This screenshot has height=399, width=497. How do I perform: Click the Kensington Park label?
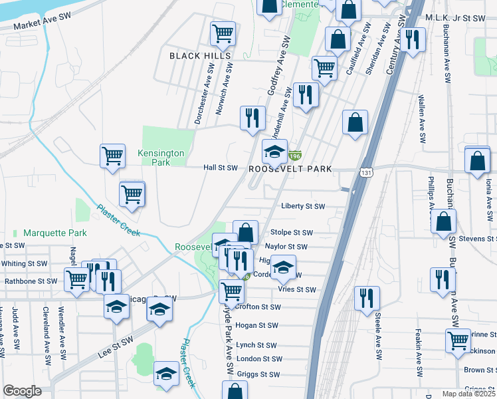(161, 158)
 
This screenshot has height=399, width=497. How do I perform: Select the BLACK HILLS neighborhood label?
(194, 56)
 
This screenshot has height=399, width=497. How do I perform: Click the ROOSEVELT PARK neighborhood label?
(290, 169)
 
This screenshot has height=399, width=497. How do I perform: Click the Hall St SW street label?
(220, 168)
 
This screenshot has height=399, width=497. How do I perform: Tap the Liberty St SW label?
(303, 206)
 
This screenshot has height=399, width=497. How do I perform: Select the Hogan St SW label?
(256, 326)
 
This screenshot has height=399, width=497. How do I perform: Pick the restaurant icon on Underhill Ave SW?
(252, 118)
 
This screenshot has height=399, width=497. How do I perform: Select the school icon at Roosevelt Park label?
(274, 152)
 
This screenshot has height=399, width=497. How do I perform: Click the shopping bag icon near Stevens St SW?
(443, 222)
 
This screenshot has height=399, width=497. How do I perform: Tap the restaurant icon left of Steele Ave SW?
(365, 299)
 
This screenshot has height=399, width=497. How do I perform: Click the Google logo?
(22, 391)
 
